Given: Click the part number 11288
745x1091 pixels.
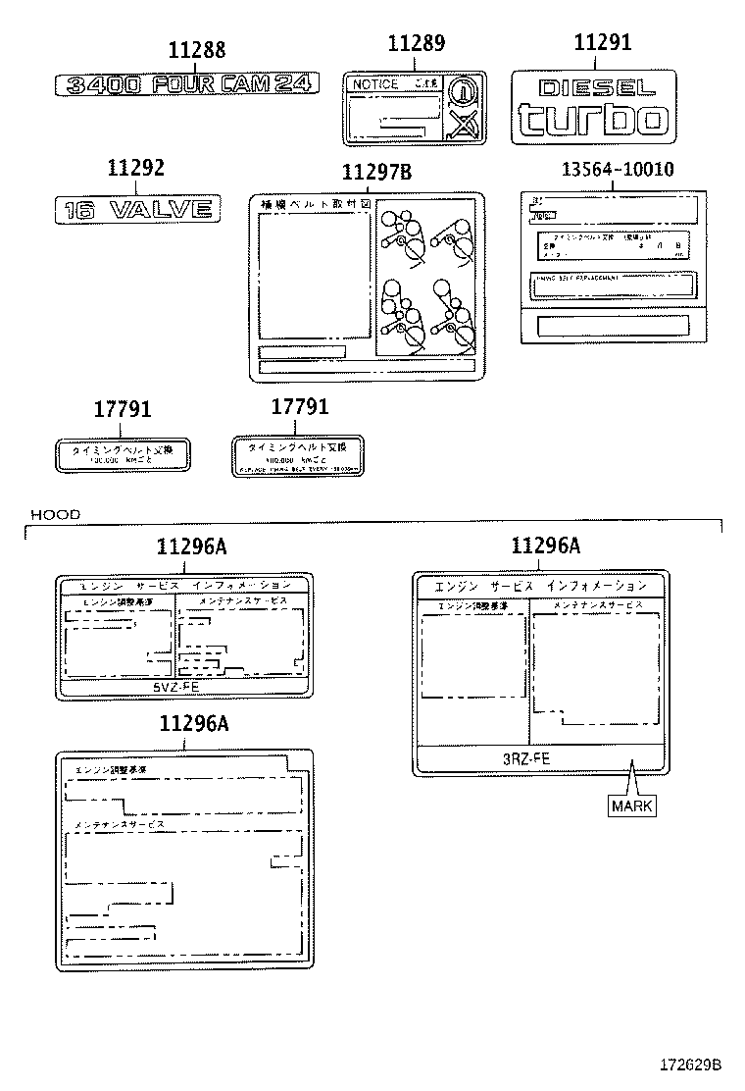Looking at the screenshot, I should pyautogui.click(x=196, y=50).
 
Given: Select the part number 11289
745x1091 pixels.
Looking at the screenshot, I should pyautogui.click(x=416, y=43).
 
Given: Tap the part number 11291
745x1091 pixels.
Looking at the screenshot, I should pyautogui.click(x=602, y=42).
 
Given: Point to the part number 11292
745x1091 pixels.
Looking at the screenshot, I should pyautogui.click(x=135, y=168).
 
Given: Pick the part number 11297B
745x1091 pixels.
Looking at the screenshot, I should pyautogui.click(x=376, y=173).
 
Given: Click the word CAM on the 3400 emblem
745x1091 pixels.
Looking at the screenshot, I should pyautogui.click(x=237, y=84).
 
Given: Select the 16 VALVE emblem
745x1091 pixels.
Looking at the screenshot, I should pyautogui.click(x=137, y=208).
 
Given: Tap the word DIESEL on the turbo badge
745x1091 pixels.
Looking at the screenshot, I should pyautogui.click(x=591, y=88).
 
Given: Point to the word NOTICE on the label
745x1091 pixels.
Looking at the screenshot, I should pyautogui.click(x=374, y=85).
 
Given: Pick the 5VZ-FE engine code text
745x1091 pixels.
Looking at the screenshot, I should pyautogui.click(x=176, y=688).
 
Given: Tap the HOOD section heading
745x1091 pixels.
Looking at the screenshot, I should pyautogui.click(x=55, y=513).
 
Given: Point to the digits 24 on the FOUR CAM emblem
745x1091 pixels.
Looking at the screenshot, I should pyautogui.click(x=292, y=84).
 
